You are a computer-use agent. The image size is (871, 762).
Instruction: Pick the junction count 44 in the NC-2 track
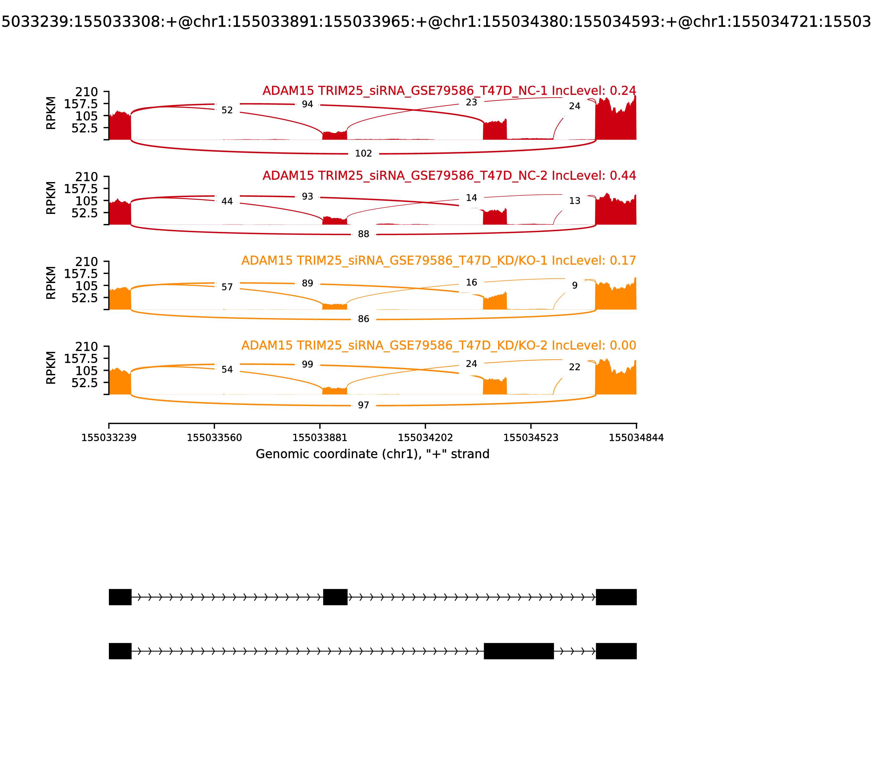point(227,201)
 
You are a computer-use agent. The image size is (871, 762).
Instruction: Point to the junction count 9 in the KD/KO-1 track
point(575,285)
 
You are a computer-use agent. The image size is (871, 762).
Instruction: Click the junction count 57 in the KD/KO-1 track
point(227,287)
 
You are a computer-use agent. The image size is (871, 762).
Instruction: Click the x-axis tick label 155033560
point(214,438)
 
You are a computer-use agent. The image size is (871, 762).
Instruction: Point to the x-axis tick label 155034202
point(425,438)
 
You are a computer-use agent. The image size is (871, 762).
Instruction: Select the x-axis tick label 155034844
point(636,438)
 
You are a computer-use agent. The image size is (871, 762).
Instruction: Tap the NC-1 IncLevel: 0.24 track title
point(449,91)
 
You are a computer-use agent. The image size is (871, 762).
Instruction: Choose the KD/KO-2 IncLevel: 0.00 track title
point(438,345)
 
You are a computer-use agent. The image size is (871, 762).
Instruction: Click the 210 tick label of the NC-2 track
point(86,177)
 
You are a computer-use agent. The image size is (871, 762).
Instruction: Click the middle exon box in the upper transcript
point(335,597)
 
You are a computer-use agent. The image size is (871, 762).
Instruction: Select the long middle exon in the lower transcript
point(519,651)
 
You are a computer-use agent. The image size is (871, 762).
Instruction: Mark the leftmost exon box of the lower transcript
point(120,651)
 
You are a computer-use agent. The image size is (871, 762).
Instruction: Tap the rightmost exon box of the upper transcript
point(616,597)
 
